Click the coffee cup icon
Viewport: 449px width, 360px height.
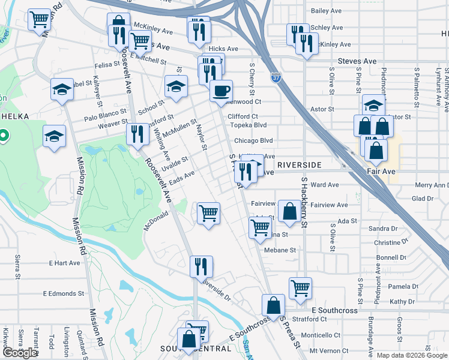pyautogui.click(x=221, y=91)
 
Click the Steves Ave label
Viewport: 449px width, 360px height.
pyautogui.click(x=357, y=61)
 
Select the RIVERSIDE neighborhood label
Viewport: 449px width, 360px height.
pyautogui.click(x=300, y=164)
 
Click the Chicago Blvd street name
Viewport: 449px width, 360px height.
pyautogui.click(x=253, y=141)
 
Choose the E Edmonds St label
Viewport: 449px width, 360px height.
pyautogui.click(x=63, y=293)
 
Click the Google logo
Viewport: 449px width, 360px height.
pyautogui.click(x=20, y=353)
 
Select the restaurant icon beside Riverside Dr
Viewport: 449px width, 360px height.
pyautogui.click(x=200, y=266)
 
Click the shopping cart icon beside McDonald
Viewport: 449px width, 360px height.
pyautogui.click(x=208, y=212)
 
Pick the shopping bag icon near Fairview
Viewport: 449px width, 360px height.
pyautogui.click(x=289, y=211)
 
